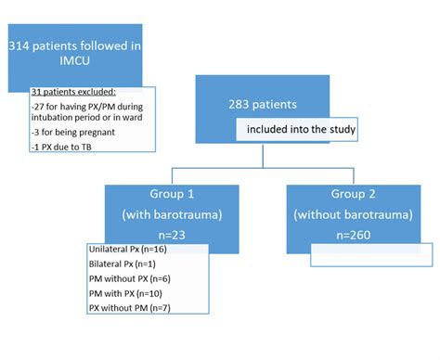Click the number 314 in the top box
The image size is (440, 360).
pyautogui.click(x=20, y=45)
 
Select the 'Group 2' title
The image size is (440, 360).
pyautogui.click(x=353, y=196)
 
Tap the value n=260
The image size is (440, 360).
pyautogui.click(x=353, y=237)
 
